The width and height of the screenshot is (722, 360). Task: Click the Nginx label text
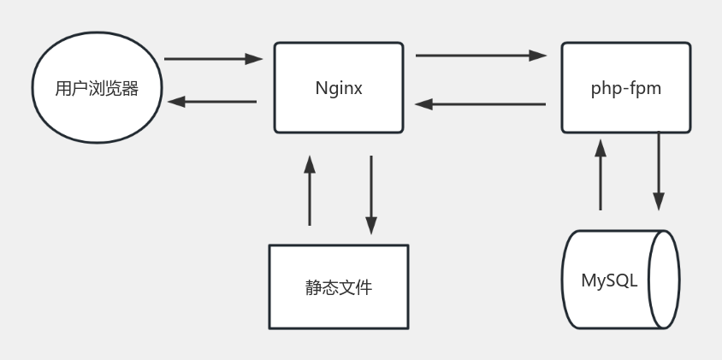click(339, 88)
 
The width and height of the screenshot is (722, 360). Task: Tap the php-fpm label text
click(626, 88)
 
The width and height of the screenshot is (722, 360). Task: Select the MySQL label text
click(610, 280)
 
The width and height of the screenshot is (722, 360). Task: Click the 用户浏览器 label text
click(97, 89)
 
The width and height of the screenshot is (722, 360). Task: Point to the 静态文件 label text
click(339, 287)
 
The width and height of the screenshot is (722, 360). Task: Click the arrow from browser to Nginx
click(212, 59)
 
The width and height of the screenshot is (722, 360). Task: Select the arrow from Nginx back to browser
click(212, 102)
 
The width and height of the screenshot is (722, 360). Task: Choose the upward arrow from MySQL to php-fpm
click(601, 175)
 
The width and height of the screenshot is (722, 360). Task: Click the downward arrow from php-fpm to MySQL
click(659, 170)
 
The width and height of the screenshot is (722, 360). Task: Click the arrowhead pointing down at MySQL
click(659, 202)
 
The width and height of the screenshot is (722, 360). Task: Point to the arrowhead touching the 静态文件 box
click(371, 227)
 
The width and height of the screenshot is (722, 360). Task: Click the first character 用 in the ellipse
click(62, 89)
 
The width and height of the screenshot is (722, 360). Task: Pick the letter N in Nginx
click(321, 88)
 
